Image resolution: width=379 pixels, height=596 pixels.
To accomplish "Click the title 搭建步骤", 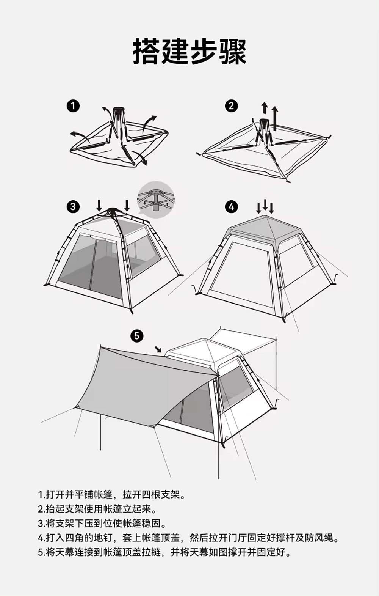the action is [189, 52].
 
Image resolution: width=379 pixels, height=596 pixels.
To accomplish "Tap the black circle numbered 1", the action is [73, 106].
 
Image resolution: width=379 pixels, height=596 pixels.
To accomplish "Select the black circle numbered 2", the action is [232, 106].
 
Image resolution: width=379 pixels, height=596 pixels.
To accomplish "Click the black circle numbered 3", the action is [73, 207].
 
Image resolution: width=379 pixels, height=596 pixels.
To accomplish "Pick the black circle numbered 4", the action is [232, 207].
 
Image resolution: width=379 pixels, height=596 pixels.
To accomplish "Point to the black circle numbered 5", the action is [137, 336].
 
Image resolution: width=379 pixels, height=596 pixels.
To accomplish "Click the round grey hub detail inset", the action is [156, 200].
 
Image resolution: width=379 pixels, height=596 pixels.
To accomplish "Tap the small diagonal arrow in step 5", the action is [158, 349].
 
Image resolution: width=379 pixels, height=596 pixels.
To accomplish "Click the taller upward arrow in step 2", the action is [275, 118].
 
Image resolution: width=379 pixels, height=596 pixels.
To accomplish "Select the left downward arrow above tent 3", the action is [99, 206].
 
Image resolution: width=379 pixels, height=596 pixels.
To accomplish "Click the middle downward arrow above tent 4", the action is [265, 204].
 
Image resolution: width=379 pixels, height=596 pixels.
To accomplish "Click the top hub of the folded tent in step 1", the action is [119, 109].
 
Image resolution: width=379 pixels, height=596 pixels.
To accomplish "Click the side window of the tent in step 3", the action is [144, 254].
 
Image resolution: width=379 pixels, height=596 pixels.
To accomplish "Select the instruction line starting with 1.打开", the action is [112, 495].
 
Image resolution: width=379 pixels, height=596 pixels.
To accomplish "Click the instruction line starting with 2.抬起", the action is [97, 509].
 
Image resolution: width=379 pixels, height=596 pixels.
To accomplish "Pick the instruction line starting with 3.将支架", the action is [102, 524].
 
